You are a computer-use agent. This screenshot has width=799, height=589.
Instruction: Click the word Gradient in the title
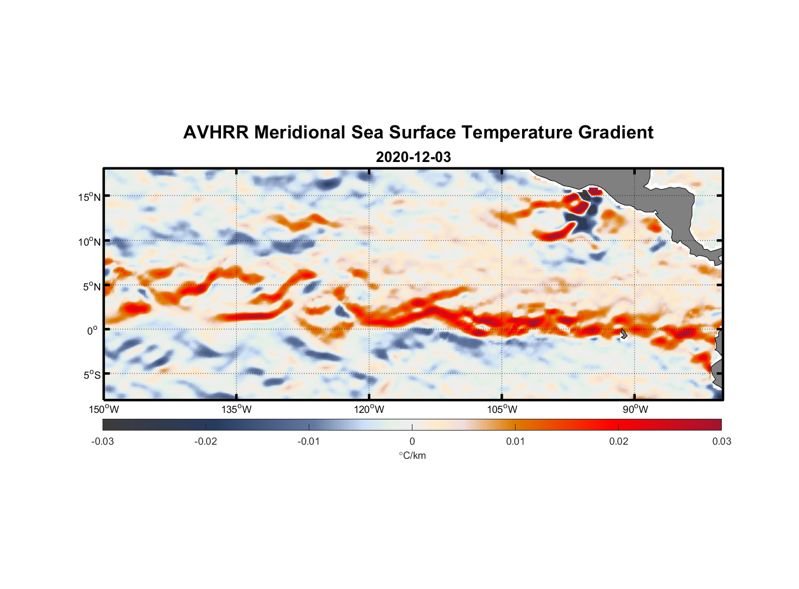[x=616, y=133]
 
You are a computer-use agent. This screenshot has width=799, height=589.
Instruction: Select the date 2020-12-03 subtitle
[x=413, y=157]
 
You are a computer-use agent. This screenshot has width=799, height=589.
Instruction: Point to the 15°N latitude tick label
[x=90, y=197]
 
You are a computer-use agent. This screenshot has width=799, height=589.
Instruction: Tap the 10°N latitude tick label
[x=90, y=241]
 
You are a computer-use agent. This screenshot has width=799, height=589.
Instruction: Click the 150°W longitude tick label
[x=104, y=409]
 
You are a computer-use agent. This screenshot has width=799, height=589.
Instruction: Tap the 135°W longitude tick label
[x=237, y=409]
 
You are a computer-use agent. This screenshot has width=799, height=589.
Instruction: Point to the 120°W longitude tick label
[x=369, y=409]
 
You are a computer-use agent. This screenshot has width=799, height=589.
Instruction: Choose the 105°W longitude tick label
[x=502, y=409]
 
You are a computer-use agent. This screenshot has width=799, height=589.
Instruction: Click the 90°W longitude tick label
[x=635, y=409]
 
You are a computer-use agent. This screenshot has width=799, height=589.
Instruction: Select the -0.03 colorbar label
[x=103, y=441]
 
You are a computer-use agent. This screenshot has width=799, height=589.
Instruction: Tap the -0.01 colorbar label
[x=309, y=441]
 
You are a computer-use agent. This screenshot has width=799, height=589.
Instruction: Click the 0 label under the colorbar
[x=412, y=441]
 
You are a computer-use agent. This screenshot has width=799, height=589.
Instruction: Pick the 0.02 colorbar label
[x=619, y=441]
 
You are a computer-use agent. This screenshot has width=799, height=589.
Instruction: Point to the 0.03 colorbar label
[x=721, y=441]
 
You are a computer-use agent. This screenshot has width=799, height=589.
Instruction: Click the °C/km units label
[x=412, y=455]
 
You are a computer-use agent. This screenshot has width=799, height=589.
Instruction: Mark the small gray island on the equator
[x=623, y=334]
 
